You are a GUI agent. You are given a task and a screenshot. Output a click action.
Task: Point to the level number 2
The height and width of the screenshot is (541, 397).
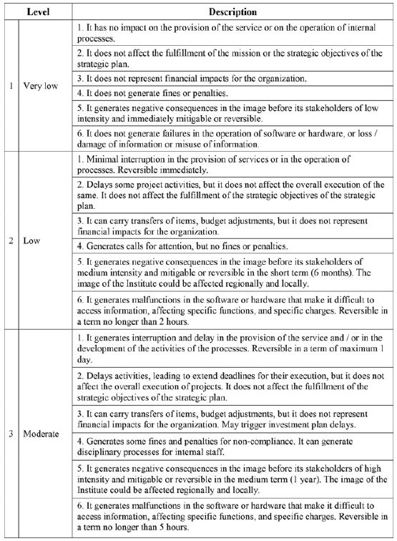(x=10, y=241)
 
